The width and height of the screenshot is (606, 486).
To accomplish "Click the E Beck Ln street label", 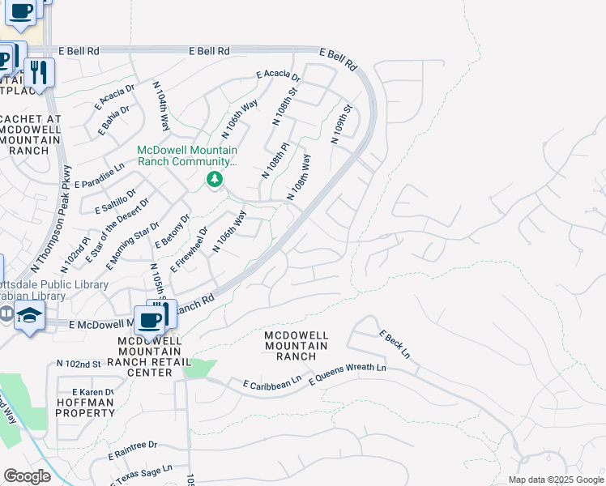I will [395, 345].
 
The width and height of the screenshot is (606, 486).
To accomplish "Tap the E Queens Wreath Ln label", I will [348, 373].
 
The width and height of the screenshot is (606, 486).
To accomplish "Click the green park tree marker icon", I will [215, 179].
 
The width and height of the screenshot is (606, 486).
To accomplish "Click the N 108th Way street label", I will [299, 177].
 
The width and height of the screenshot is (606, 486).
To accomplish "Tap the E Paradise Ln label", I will [100, 176].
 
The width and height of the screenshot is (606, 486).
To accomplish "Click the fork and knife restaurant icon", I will [38, 71].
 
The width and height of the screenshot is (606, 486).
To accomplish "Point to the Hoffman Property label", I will [85, 407].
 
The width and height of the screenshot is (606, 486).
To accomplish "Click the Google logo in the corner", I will [27, 476].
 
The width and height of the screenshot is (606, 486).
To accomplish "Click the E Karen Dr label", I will [91, 393].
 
